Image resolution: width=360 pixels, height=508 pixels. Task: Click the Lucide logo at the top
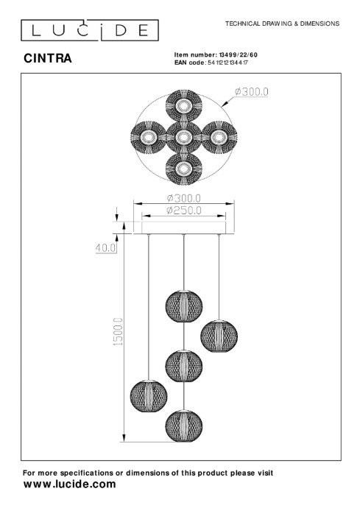coord(90,30)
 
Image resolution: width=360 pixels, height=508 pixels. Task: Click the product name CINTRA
coord(48,58)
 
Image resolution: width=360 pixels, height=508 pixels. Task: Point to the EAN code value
coord(227,63)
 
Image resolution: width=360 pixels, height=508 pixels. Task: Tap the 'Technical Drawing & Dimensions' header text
coord(282,24)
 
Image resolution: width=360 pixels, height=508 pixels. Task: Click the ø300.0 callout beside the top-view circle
coord(252,92)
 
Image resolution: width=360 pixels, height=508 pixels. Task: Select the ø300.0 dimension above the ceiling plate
coord(184,197)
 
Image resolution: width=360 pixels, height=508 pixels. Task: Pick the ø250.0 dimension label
coord(184,211)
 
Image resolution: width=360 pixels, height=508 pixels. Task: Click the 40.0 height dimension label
coord(105,248)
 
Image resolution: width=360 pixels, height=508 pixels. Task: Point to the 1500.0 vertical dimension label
coord(119,332)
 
